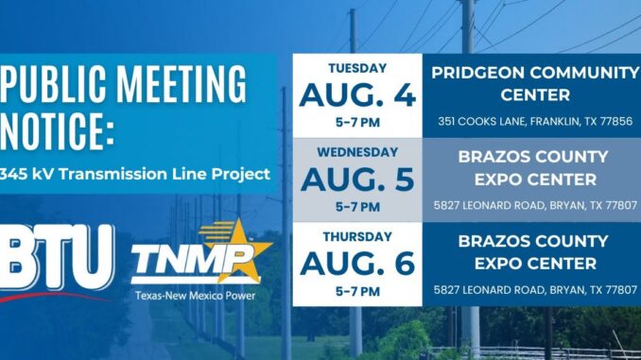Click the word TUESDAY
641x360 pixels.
click(357, 68)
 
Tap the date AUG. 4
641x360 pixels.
click(357, 94)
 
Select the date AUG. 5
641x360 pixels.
click(357, 180)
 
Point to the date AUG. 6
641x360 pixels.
click(357, 264)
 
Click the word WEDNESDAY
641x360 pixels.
click(357, 152)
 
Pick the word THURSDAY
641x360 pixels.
click(357, 236)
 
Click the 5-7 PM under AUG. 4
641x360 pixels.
click(357, 122)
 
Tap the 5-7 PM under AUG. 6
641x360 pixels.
click(357, 291)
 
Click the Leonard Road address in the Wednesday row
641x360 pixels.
click(535, 206)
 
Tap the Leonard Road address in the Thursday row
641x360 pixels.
click(535, 290)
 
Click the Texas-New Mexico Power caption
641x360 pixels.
click(196, 296)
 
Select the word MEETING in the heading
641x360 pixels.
click(182, 84)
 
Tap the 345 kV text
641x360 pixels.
click(26, 174)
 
